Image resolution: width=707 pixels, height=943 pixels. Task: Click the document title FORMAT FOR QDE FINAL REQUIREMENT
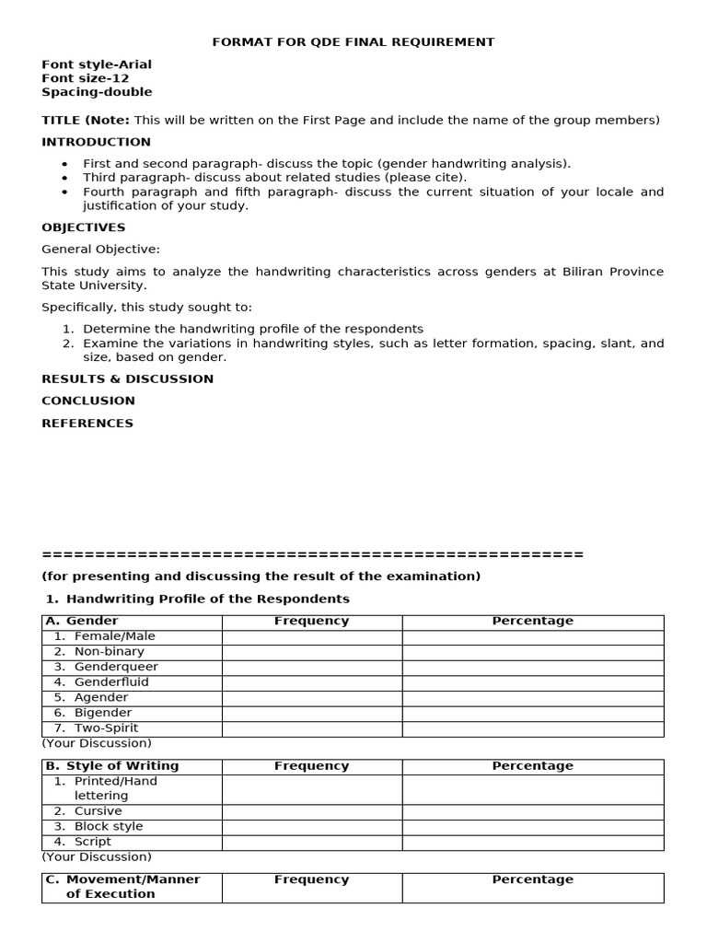(353, 41)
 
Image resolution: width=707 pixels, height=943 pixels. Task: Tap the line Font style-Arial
(97, 64)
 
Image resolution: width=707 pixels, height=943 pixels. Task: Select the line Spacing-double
(97, 92)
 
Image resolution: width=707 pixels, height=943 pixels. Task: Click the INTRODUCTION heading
(96, 142)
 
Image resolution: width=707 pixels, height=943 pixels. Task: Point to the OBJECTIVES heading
(84, 227)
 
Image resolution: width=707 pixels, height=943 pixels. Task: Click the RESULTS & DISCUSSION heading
(127, 378)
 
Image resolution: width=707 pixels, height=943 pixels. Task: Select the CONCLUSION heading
(88, 401)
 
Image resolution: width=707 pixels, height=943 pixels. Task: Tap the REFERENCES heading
(87, 424)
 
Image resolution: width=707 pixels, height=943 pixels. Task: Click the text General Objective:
(100, 249)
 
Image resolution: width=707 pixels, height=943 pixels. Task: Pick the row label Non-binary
(109, 651)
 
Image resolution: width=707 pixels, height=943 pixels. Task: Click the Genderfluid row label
(111, 682)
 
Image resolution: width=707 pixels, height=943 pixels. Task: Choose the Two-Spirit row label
(107, 728)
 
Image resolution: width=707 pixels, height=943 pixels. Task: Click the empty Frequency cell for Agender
(311, 698)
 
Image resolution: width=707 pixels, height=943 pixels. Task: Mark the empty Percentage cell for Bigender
(532, 713)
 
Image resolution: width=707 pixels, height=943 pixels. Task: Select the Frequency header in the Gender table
(311, 621)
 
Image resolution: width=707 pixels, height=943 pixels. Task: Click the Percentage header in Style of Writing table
(532, 766)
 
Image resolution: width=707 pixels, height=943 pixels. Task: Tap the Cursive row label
(98, 811)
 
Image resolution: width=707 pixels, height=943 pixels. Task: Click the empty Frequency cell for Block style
(311, 827)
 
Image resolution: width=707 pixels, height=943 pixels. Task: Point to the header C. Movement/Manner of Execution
(122, 887)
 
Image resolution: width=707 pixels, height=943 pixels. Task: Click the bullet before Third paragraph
(64, 178)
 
